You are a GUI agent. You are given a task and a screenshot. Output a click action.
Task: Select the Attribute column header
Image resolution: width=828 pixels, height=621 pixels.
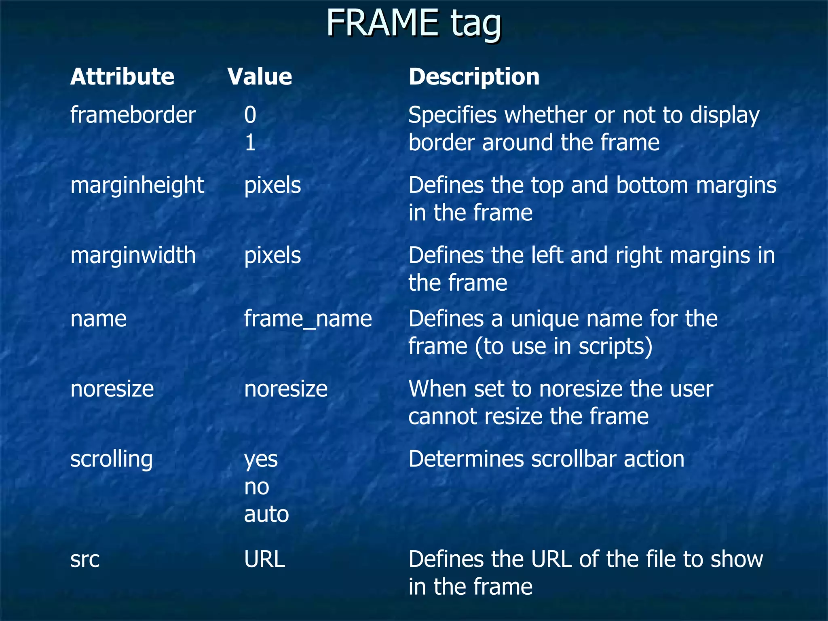pos(122,77)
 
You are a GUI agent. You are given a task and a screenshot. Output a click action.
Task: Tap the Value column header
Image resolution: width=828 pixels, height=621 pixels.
pos(260,77)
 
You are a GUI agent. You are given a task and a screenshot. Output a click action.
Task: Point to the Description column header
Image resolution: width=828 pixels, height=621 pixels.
pos(474,77)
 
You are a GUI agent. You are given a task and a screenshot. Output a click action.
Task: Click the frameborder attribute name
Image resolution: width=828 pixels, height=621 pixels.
pos(133,115)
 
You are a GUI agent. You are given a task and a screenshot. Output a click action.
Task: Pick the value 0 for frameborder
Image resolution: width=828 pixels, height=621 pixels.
pos(250,115)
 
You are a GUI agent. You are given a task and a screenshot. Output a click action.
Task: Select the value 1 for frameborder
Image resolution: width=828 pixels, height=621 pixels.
pos(250,143)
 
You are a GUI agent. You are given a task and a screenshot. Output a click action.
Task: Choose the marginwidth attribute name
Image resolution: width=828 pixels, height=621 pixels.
pos(133,256)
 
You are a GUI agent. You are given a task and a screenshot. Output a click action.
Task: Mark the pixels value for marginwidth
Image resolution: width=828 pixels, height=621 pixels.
pos(272,256)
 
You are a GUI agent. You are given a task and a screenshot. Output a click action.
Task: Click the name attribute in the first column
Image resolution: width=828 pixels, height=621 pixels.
pos(98,319)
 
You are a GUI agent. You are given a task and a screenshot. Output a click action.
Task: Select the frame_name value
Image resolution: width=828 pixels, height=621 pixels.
pos(308,319)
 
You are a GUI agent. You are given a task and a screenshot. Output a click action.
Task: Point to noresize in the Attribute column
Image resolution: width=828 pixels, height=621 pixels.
pos(112,389)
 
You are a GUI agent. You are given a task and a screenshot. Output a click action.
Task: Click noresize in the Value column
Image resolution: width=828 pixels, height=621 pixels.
pos(286,389)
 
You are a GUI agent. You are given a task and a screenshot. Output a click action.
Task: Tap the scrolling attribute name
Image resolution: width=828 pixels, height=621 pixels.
pos(112,459)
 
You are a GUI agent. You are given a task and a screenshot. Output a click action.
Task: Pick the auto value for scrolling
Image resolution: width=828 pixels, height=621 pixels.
pos(266,514)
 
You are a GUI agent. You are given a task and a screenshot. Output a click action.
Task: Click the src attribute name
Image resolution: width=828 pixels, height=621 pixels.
pos(85,560)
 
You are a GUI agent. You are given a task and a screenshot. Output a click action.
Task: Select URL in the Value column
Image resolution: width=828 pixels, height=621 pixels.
pos(265,560)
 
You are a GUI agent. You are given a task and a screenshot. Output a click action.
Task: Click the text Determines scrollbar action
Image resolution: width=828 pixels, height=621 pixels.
pos(546,459)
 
